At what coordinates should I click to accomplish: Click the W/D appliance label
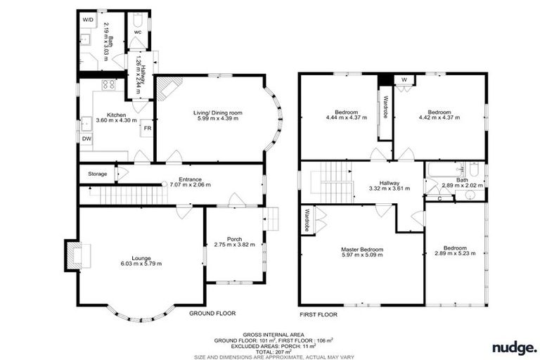[x=88, y=20]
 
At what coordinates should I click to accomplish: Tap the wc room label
[x=137, y=32]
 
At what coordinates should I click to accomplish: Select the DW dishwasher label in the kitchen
[x=87, y=139]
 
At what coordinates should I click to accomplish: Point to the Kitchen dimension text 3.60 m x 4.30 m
[x=116, y=121]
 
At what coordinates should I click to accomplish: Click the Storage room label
[x=98, y=174]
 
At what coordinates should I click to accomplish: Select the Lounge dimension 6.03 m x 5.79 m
[x=141, y=264]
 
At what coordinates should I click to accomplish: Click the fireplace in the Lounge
[x=73, y=255]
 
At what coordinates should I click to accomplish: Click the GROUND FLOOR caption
[x=212, y=313]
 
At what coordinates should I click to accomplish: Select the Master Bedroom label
[x=363, y=250]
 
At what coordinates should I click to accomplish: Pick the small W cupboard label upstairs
[x=404, y=79]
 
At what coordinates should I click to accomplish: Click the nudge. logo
[x=514, y=347]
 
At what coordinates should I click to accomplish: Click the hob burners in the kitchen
[x=109, y=85]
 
